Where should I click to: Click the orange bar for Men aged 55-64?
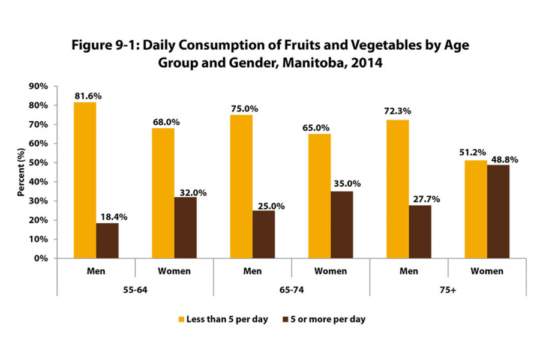(85, 180)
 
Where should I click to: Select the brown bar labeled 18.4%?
(107, 241)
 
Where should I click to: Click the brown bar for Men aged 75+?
(420, 232)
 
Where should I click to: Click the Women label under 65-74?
(330, 271)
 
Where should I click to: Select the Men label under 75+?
(409, 271)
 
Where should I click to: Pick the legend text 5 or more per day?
(328, 319)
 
